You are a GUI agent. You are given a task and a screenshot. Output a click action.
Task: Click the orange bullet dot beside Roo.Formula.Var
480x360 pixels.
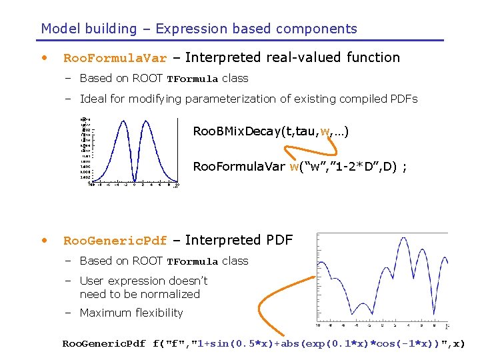(45, 57)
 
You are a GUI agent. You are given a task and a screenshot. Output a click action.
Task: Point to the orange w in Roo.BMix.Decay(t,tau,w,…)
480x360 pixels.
(325, 131)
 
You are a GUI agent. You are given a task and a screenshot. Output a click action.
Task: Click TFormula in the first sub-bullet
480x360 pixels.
(192, 79)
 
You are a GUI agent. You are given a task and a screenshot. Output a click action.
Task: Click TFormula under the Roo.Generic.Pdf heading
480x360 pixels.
(192, 261)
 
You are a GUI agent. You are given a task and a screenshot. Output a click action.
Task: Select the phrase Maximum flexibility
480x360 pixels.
(131, 313)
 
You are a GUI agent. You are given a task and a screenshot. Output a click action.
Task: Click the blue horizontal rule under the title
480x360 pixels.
(240, 41)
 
